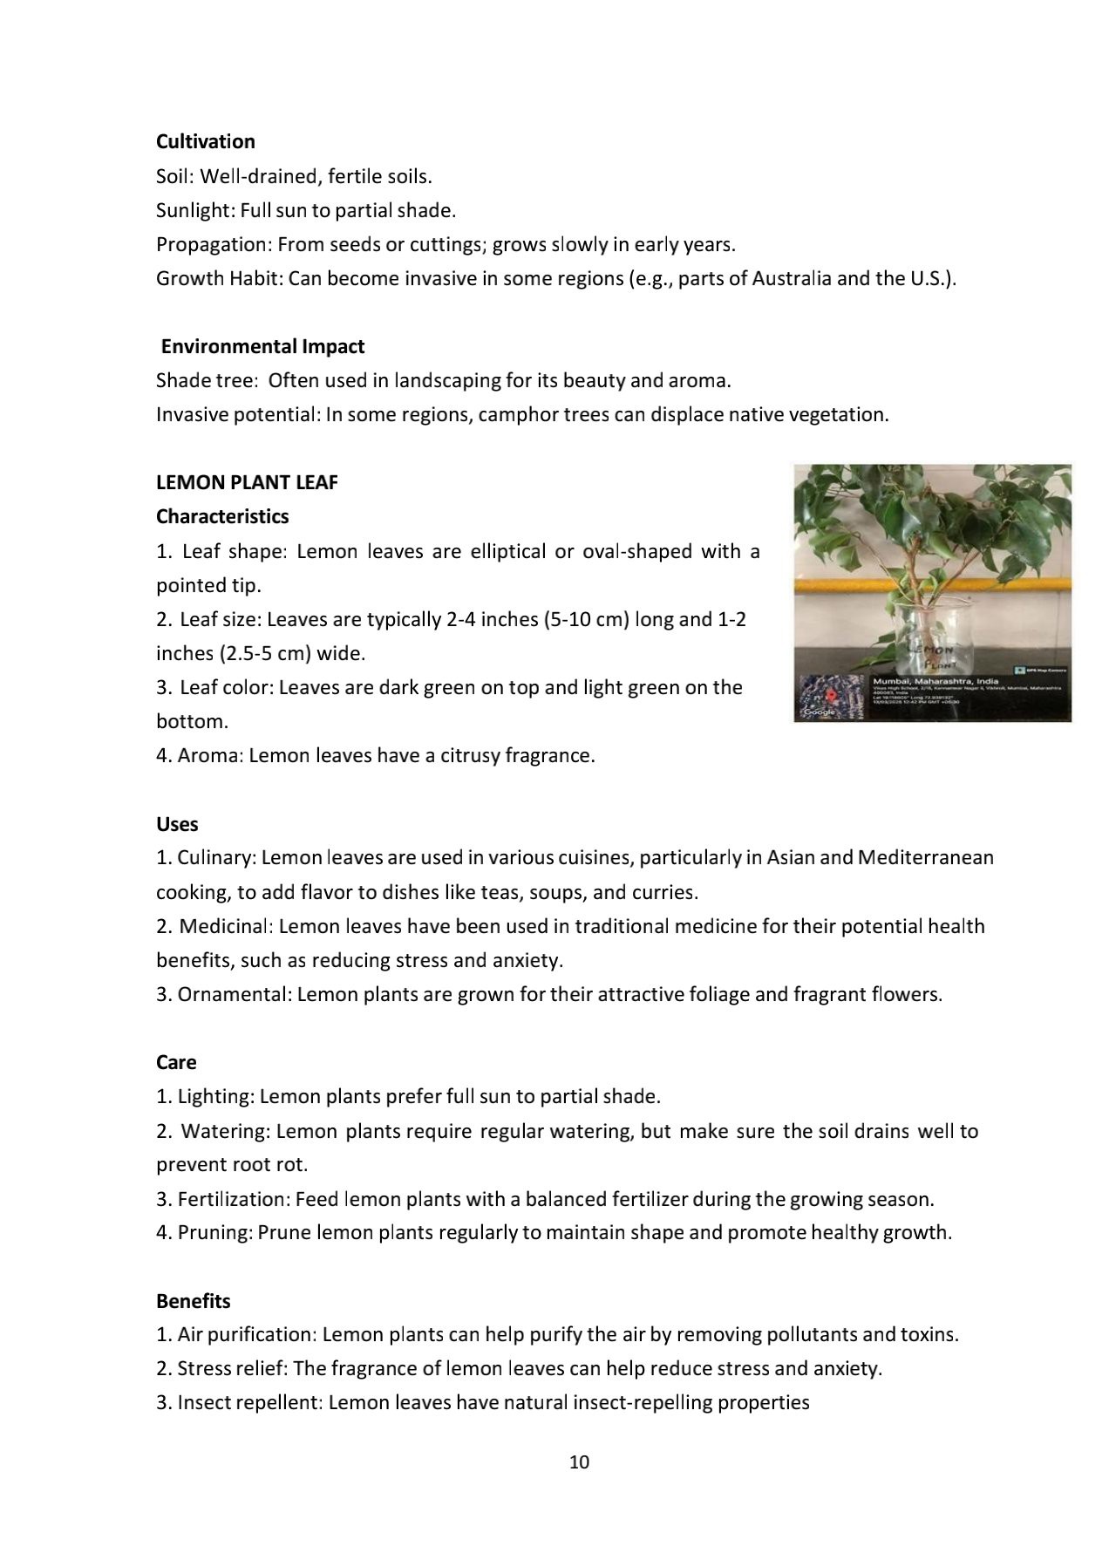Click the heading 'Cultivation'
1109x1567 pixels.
205,141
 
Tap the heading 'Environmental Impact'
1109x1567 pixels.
262,346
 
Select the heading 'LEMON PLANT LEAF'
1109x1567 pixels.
247,482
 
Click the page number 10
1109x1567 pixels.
579,1462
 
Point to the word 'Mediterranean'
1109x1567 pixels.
925,857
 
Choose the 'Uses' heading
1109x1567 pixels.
177,824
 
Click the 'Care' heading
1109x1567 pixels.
176,1062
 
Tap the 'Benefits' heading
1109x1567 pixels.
194,1301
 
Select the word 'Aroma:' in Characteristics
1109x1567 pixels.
210,755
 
